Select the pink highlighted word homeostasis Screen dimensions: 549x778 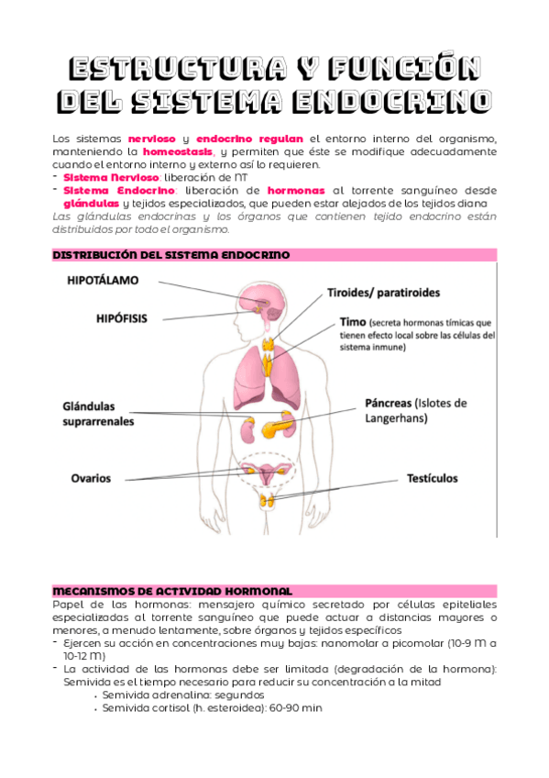tap(180, 151)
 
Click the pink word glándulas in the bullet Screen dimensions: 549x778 tap(91, 203)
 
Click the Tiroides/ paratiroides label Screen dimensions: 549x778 tap(383, 293)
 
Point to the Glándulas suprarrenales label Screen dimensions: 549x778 tap(98, 414)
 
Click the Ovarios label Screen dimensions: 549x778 tap(91, 478)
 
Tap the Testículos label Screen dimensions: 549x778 tap(432, 478)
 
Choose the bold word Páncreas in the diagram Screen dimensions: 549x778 tap(388, 403)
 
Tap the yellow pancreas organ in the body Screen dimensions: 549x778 tap(280, 427)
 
